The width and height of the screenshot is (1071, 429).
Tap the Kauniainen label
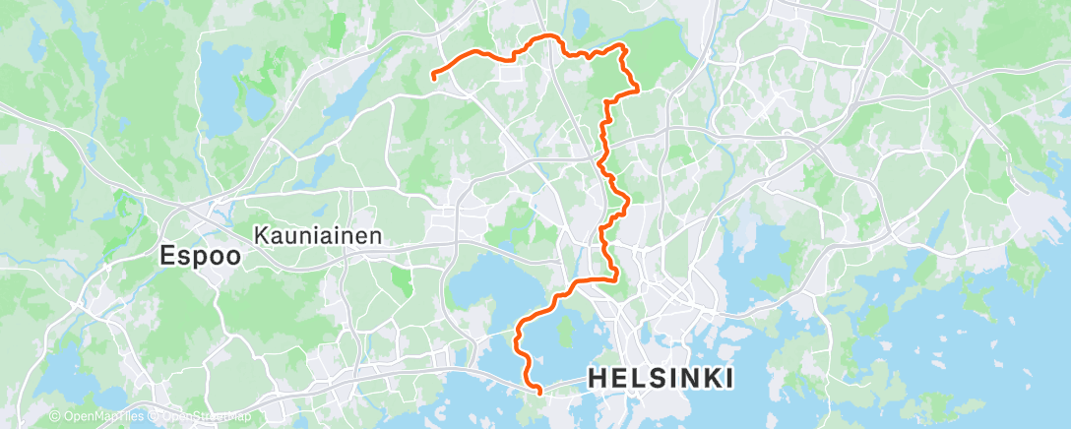(317, 236)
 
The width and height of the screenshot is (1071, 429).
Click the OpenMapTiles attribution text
(94, 416)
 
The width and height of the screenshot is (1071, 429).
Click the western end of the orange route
(434, 73)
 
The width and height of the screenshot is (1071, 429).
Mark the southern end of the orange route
(539, 394)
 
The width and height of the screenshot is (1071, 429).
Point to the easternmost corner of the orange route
(639, 89)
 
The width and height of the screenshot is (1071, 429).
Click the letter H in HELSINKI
(597, 378)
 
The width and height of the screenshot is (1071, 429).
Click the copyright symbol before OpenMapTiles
(55, 416)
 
